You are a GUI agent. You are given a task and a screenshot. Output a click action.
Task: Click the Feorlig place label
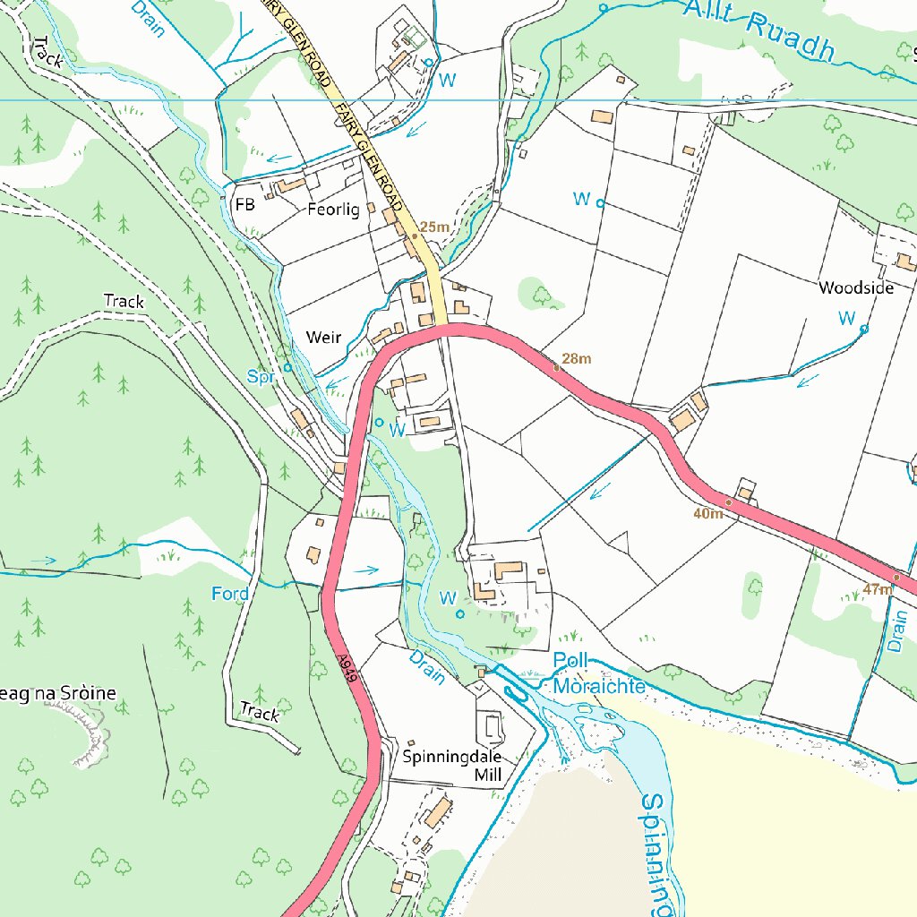(333, 210)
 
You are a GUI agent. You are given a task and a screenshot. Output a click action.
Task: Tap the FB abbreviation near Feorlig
(244, 205)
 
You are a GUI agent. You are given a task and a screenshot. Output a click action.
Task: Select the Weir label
(323, 338)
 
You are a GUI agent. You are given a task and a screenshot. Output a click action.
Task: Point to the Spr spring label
(261, 378)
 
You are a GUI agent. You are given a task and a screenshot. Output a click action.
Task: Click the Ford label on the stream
(230, 594)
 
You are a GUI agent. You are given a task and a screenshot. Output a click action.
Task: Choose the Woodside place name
(856, 287)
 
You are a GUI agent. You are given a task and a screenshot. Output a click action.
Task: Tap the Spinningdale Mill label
(452, 764)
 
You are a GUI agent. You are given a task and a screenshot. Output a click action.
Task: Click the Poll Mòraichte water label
(598, 674)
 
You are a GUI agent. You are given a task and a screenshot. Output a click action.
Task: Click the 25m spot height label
(434, 227)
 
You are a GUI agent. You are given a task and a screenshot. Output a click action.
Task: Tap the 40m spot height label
(707, 514)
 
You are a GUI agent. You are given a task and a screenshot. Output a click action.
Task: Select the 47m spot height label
(878, 589)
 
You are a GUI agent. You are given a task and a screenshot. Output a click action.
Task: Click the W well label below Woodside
(845, 318)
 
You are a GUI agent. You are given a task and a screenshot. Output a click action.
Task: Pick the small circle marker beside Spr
(287, 367)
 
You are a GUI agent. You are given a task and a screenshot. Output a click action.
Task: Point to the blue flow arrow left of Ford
(44, 561)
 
